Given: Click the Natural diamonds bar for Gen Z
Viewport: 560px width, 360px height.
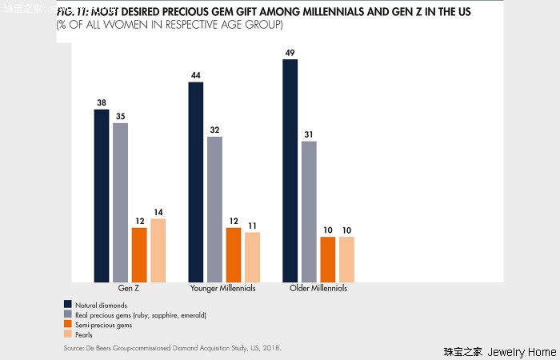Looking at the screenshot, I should coord(102,195).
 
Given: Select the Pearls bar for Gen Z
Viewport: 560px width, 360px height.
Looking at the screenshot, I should coord(158,250).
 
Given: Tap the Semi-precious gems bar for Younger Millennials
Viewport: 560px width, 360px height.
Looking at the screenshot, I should coord(234,254).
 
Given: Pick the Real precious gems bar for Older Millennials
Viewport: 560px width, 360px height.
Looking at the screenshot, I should coord(309,211).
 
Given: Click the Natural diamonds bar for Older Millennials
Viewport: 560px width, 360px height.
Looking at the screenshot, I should coord(290,170).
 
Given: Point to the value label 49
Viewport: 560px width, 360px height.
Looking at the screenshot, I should coord(290,53).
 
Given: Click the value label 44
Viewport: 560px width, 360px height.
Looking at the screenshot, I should coord(195,76).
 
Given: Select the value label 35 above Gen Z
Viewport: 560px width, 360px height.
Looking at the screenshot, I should coord(120,117).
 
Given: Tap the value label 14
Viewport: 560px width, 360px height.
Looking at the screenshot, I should coord(158,212).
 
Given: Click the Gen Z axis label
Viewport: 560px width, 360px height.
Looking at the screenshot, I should coord(130,288).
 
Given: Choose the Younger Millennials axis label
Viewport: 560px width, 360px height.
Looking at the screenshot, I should coord(222,288).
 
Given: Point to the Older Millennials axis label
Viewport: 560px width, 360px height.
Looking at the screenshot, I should coord(318,288).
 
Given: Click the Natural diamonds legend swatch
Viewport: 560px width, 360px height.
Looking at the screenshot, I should coord(68,305).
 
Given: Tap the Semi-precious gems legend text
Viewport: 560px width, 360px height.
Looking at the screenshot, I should coord(102,326).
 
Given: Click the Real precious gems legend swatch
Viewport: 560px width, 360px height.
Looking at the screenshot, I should coord(68,315).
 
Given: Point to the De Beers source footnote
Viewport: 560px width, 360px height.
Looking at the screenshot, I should coord(172,349).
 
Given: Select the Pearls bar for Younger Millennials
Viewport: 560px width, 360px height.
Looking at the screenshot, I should coord(252,257).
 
